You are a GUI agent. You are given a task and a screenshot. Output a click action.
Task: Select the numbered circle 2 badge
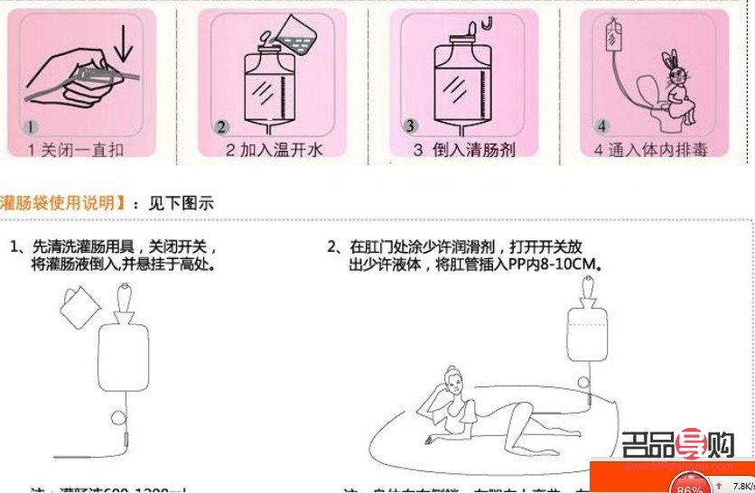pyautogui.click(x=221, y=127)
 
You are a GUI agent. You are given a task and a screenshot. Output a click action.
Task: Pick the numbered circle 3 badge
pyautogui.click(x=410, y=126)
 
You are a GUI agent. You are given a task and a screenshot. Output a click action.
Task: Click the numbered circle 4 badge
pyautogui.click(x=602, y=125)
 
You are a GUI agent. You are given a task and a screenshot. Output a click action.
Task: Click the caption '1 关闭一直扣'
pyautogui.click(x=76, y=149)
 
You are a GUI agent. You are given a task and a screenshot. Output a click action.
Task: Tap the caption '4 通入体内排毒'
pyautogui.click(x=654, y=150)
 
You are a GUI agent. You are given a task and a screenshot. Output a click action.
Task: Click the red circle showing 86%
pyautogui.click(x=690, y=486)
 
